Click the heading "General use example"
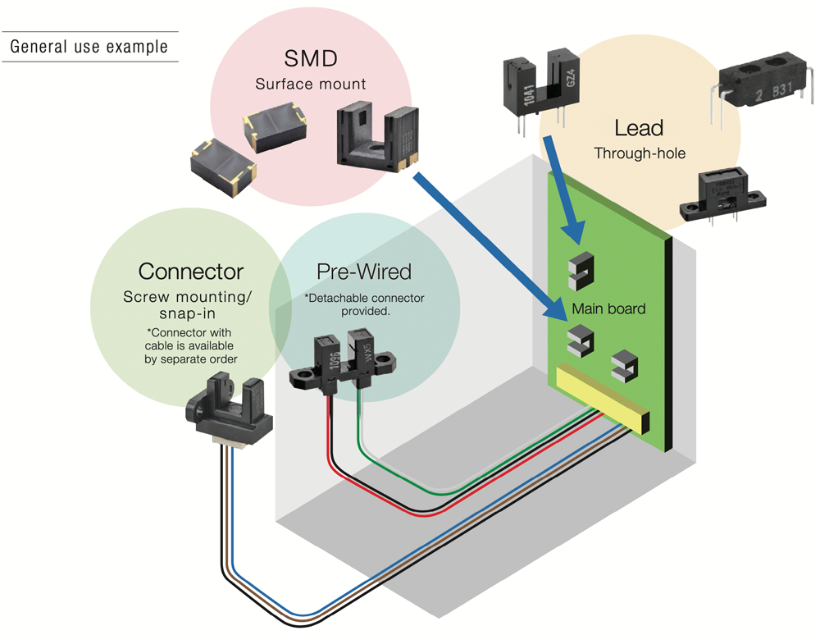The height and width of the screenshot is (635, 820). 89,47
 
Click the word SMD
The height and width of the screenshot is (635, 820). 311,58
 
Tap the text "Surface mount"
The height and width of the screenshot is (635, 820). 311,84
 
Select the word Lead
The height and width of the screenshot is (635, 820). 639,128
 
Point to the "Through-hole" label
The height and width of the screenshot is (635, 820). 640,153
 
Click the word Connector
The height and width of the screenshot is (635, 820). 191,272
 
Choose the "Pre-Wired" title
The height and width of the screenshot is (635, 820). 364,272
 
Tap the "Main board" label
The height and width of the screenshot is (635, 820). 608,308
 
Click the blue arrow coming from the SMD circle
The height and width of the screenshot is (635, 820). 490,244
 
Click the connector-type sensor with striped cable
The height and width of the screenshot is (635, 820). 229,408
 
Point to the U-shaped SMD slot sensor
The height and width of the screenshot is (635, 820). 377,137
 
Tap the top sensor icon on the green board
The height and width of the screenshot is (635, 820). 581,272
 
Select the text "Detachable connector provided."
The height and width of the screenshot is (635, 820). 365,304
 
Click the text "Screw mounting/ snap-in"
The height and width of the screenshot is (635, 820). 187,305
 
